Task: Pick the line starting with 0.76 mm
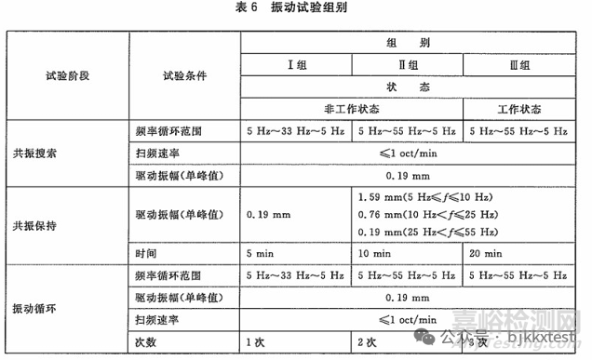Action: [427, 214]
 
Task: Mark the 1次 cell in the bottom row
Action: [253, 341]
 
